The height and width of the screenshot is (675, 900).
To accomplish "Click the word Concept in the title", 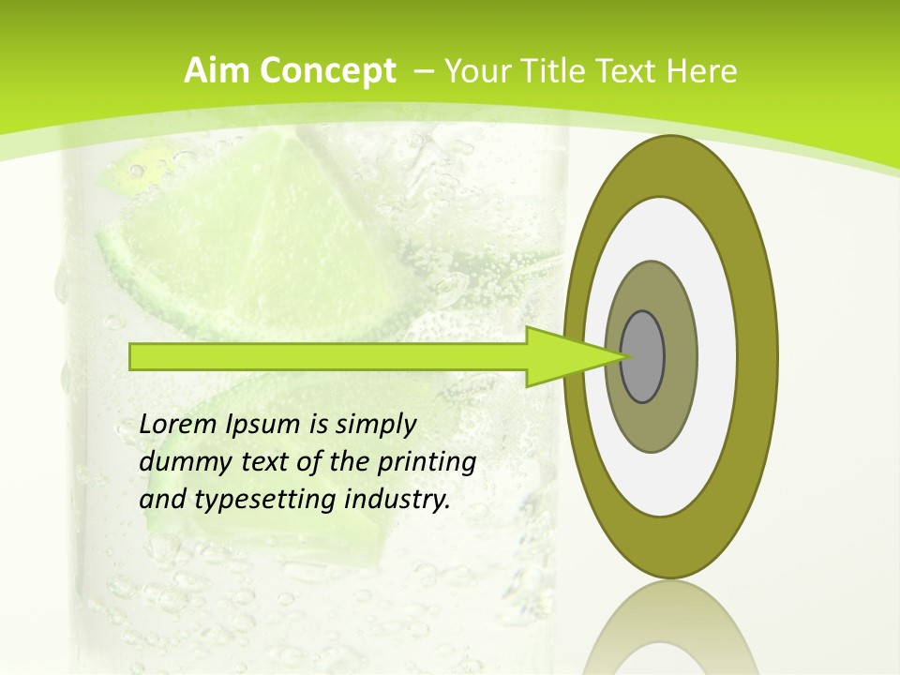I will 327,71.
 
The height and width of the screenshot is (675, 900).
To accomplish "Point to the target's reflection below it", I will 671,628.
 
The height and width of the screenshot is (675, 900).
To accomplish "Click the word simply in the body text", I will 375,425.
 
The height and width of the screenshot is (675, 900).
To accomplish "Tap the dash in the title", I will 423,71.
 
